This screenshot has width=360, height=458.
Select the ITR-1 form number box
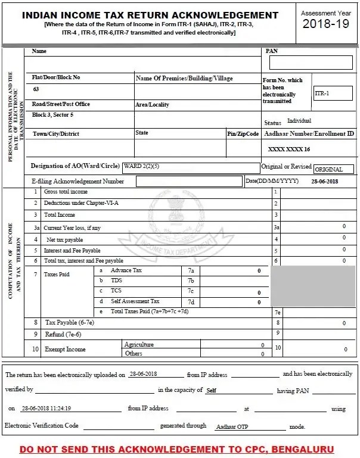[333, 94]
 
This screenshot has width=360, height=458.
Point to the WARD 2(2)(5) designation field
[190, 167]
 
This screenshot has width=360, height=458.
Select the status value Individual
[299, 121]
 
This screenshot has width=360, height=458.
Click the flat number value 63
[36, 89]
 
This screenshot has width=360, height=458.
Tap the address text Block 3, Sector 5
[53, 114]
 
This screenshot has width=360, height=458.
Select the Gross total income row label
[66, 192]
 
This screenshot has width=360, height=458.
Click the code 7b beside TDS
[191, 281]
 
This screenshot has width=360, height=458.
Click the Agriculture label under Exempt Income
[138, 344]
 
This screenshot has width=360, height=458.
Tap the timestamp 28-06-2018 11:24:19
[46, 409]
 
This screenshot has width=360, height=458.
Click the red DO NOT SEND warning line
[177, 448]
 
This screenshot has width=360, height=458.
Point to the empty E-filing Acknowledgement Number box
[190, 181]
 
